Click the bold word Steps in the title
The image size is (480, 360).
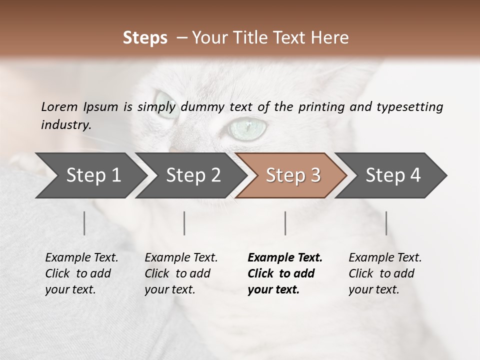145,38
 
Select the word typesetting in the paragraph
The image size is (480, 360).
409,106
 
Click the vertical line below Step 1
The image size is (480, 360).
84,223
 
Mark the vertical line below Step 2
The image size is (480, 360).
184,223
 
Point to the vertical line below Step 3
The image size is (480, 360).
285,223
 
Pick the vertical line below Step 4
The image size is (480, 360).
386,223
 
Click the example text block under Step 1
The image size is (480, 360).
81,273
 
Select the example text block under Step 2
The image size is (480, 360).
181,273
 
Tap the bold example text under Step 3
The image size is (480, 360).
284,273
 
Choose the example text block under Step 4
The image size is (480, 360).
385,273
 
